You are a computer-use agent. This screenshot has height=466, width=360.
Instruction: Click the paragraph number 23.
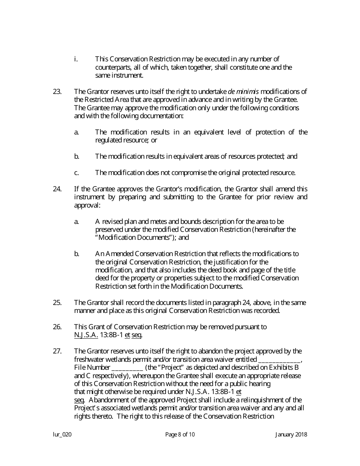57,91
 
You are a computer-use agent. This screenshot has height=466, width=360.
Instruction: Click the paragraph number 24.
57,189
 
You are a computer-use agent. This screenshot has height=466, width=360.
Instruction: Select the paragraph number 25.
57,302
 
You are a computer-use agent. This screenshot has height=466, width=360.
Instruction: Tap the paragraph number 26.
57,327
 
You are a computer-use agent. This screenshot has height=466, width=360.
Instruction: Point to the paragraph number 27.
57,351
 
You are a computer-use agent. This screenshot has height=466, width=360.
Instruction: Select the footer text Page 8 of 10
180,435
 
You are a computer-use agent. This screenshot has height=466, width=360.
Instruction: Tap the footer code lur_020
62,435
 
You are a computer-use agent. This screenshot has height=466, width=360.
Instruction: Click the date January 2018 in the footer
291,435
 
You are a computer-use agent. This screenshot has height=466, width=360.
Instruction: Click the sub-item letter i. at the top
76,59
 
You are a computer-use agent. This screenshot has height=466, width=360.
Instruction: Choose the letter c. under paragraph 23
77,173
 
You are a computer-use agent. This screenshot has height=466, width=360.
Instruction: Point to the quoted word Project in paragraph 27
175,367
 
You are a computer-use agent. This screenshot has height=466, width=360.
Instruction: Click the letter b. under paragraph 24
77,253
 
